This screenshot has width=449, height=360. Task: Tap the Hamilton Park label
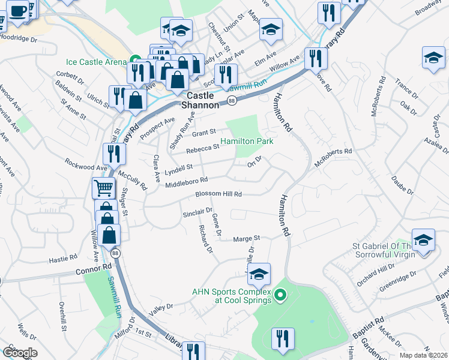[x=247, y=142]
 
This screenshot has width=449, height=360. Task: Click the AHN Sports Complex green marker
[x=280, y=295]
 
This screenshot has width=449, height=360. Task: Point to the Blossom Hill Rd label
[x=218, y=194]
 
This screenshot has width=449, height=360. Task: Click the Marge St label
[x=246, y=238]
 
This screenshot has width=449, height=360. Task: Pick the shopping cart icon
[x=103, y=188]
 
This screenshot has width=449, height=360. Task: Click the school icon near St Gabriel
[x=423, y=242]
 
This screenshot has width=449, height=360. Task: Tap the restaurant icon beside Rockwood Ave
[x=113, y=154]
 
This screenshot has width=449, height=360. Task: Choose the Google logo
[x=20, y=353]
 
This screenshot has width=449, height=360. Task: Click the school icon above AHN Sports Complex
[x=259, y=274]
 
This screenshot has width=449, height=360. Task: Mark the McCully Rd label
[x=133, y=179]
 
